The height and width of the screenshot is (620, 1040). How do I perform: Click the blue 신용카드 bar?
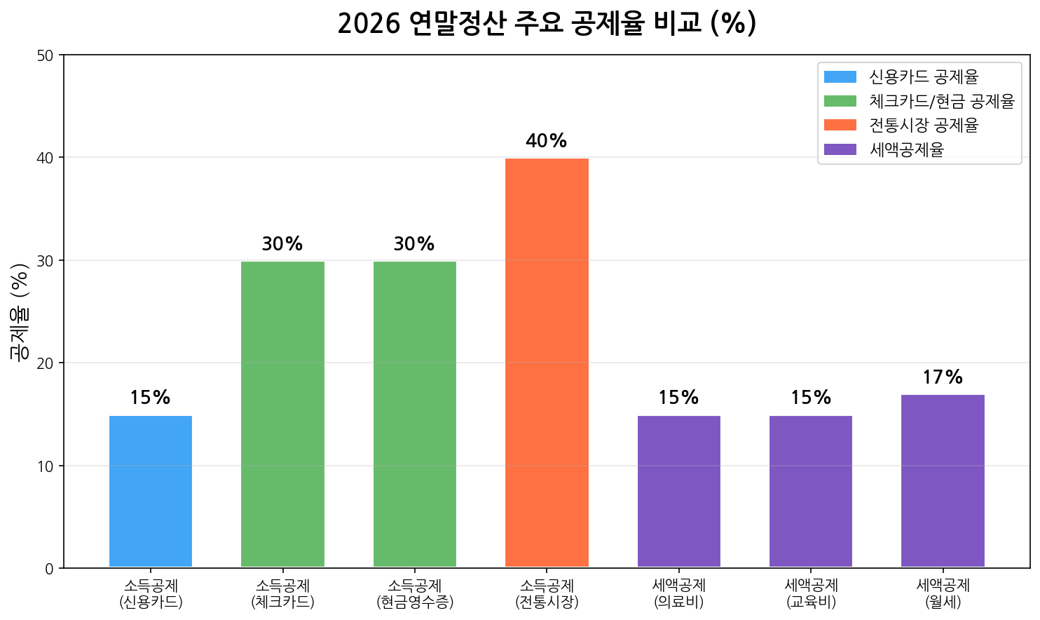[151, 491]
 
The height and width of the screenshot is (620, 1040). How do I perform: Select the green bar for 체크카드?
[282, 414]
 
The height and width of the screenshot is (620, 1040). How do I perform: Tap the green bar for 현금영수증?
[415, 414]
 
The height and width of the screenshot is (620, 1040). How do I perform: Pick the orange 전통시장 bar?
[547, 363]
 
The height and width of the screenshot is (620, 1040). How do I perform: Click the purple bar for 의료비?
[678, 491]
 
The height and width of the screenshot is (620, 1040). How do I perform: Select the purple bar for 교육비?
[811, 491]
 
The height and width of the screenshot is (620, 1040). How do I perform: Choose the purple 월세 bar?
[943, 481]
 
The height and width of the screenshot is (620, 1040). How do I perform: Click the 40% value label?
[546, 141]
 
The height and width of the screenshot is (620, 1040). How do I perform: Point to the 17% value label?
[943, 377]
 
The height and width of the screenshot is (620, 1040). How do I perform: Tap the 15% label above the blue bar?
[150, 398]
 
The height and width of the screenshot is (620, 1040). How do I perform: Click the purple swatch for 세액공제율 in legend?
[840, 149]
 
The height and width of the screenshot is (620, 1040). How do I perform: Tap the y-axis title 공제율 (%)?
[20, 311]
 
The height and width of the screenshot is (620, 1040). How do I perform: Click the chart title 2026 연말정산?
[547, 23]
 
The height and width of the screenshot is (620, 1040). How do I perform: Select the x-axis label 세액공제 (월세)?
[943, 593]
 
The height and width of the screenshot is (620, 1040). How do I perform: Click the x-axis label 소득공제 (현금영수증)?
[415, 593]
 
